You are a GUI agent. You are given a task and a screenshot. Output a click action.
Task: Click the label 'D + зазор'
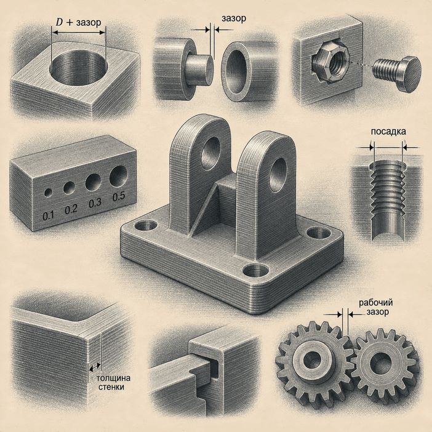(x=78, y=22)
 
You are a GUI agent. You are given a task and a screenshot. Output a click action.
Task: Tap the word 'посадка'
(x=388, y=132)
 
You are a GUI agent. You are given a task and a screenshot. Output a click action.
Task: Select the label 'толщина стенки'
(x=113, y=382)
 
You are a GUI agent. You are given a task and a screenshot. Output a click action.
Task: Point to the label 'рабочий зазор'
(x=375, y=307)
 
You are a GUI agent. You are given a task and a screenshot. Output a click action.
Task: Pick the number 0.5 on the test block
(x=119, y=196)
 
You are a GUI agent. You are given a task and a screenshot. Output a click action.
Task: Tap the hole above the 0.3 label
(x=93, y=182)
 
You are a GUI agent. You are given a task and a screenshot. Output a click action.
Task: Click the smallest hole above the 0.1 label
(x=48, y=193)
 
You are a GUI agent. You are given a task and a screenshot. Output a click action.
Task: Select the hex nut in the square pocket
(x=330, y=63)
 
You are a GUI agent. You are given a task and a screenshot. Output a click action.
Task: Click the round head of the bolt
(x=409, y=74)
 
